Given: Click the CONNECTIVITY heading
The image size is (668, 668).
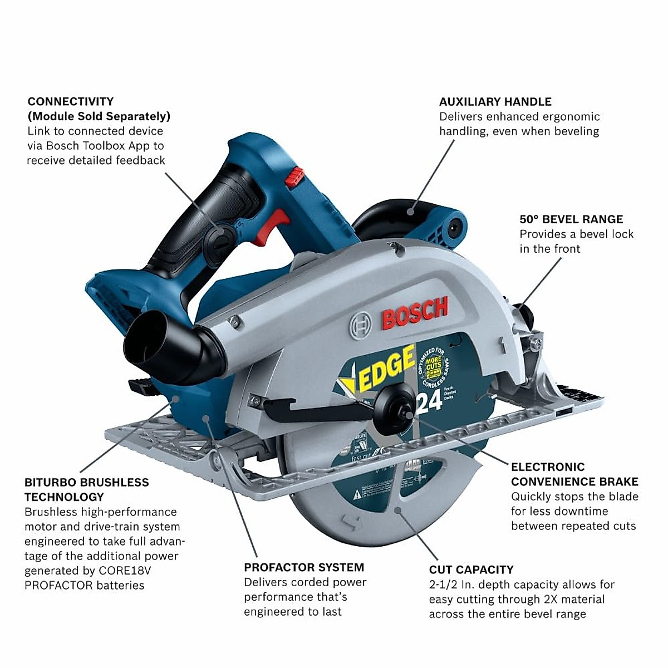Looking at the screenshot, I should tap(70, 101).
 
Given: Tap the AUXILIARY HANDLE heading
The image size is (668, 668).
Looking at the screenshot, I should tap(495, 101).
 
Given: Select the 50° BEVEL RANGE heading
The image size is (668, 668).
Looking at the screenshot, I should tap(571, 219).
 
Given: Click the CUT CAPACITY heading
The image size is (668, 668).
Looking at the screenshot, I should tap(471, 569).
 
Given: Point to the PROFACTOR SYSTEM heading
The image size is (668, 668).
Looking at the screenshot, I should tap(303, 567).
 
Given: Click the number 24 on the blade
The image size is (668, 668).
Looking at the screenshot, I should tap(429, 401).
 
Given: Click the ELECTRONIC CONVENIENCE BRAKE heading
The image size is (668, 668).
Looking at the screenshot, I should tap(574, 474).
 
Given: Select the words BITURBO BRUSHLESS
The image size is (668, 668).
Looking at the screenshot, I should tap(86, 483).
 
